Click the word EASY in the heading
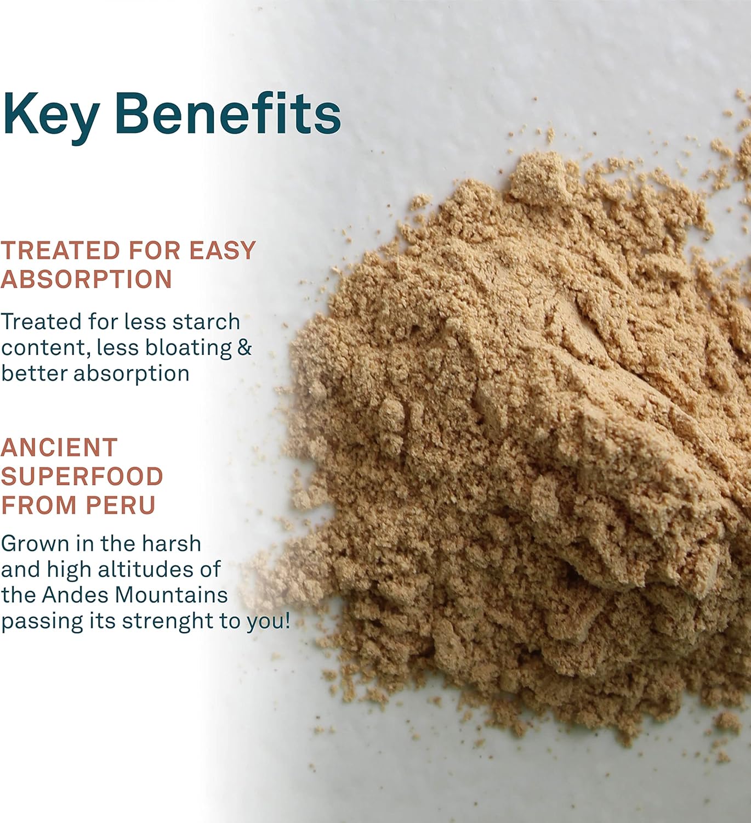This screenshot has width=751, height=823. (x=223, y=251)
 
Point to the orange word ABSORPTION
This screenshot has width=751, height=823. (x=87, y=279)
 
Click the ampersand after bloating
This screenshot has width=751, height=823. (x=244, y=347)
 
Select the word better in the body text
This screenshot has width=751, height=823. (x=34, y=373)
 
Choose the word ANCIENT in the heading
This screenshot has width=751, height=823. (x=59, y=448)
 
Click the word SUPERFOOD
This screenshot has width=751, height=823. (x=82, y=476)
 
